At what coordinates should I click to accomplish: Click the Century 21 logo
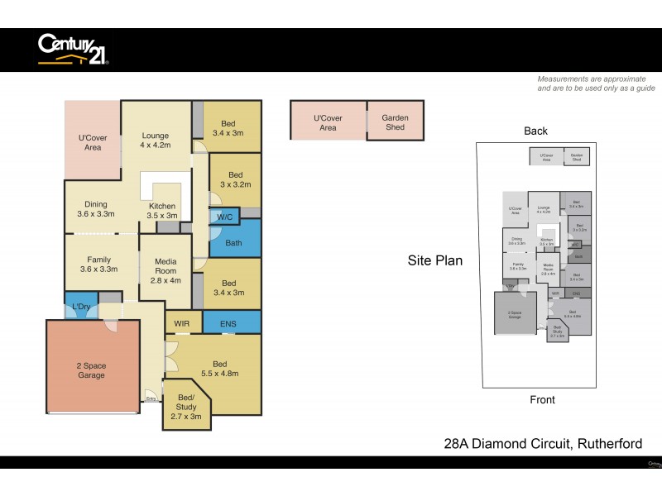click(x=73, y=49)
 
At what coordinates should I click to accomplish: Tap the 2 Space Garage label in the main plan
click(x=92, y=370)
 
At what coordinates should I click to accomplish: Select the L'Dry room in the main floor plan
click(x=81, y=307)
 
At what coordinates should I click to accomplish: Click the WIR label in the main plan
click(x=183, y=322)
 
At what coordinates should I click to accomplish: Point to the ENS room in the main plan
click(x=228, y=322)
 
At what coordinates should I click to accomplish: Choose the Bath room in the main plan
click(x=233, y=243)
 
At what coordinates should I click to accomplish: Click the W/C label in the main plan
click(x=223, y=217)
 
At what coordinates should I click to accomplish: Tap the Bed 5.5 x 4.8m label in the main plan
click(x=220, y=369)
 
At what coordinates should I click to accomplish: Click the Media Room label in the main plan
click(x=166, y=269)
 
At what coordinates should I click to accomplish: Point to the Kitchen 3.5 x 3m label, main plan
click(x=162, y=210)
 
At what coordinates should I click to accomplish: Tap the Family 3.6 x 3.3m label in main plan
click(x=98, y=265)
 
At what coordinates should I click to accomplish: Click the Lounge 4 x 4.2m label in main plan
click(x=155, y=141)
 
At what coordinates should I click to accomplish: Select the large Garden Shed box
click(x=395, y=122)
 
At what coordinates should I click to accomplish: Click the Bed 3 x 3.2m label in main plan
click(x=236, y=180)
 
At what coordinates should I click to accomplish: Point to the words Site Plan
click(x=434, y=260)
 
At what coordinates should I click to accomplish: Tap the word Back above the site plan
click(x=535, y=131)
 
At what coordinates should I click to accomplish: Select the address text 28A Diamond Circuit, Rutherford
click(x=543, y=444)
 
